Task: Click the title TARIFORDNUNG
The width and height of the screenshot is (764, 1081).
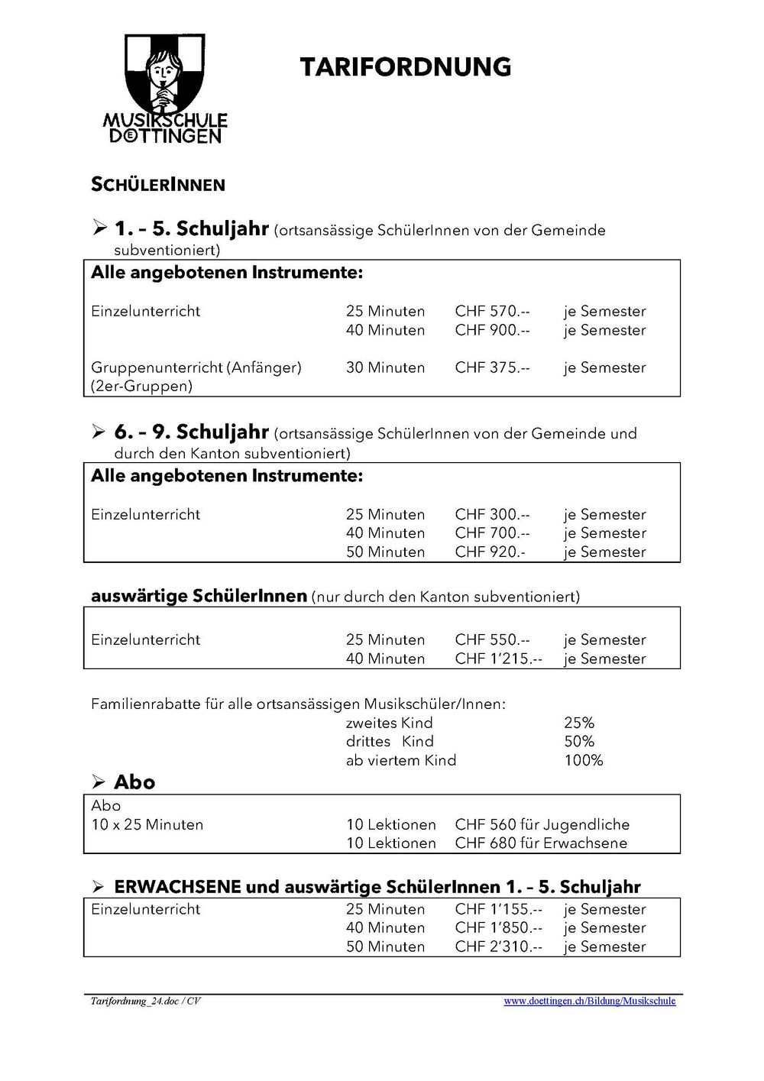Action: point(405,67)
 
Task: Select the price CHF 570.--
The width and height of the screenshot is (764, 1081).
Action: point(492,312)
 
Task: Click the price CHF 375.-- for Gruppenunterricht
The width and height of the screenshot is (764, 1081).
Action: point(492,368)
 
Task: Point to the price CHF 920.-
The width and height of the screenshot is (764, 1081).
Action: point(490,552)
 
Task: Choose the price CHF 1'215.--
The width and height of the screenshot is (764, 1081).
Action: point(498,659)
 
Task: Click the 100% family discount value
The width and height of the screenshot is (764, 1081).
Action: point(583,761)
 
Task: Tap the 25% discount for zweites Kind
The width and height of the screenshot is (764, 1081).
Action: point(578,723)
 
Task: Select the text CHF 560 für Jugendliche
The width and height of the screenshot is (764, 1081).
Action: point(542,825)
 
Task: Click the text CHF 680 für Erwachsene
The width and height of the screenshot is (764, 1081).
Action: point(540,843)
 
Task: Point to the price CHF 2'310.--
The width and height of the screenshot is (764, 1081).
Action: point(498,947)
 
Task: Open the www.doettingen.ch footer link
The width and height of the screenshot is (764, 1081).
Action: point(589,1002)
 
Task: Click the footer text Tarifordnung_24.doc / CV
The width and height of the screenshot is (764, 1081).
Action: point(145,1002)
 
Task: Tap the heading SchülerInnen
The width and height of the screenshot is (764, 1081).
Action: point(157,185)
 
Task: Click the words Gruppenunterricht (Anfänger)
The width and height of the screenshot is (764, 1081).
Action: point(196,368)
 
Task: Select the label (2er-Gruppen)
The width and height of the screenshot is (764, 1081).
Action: point(141,387)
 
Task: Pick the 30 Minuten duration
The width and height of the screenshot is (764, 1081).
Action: point(385,368)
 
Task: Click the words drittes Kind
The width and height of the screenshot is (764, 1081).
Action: point(390,742)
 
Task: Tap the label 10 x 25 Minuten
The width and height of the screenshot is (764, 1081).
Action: point(147,825)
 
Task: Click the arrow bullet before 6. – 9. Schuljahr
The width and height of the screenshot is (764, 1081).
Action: point(99,432)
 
